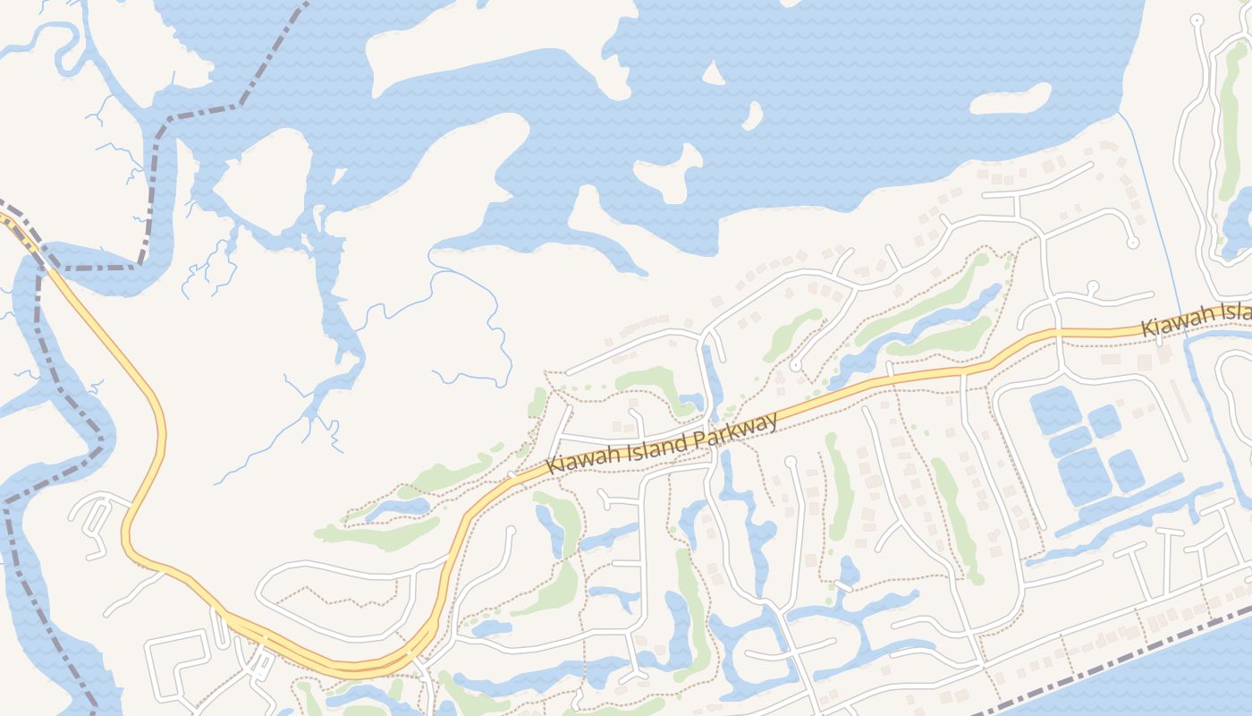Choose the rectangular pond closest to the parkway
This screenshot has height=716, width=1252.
click(1055, 409)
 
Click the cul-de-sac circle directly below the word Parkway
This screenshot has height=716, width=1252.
click(791, 462)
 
